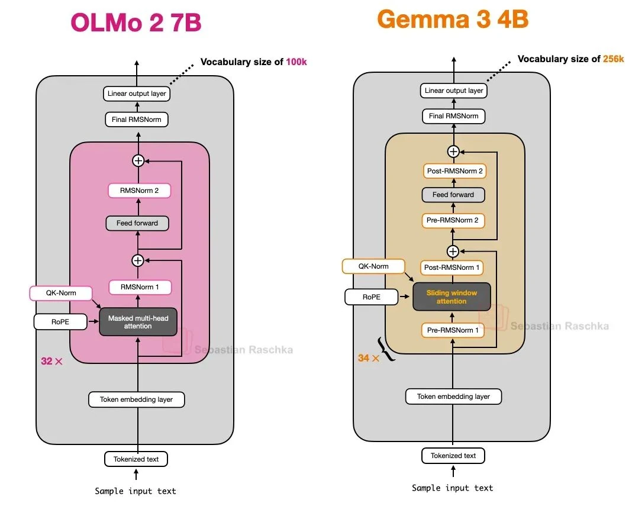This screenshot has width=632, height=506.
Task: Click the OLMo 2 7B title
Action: click(136, 22)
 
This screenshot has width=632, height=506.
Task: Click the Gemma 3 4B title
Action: click(453, 20)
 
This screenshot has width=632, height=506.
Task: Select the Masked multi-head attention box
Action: click(138, 322)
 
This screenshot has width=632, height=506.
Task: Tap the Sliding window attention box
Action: click(452, 296)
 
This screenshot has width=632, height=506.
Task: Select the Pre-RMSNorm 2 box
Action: click(453, 221)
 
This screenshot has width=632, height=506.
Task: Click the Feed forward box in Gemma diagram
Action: click(453, 195)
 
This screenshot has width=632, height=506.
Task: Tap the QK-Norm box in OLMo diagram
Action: click(61, 293)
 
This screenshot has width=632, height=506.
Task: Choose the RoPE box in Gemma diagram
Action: click(372, 297)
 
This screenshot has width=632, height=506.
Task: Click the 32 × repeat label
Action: click(51, 361)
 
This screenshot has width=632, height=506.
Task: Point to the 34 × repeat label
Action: click(368, 358)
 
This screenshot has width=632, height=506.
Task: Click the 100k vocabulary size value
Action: click(296, 62)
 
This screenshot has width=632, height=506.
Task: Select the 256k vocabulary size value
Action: click(612, 59)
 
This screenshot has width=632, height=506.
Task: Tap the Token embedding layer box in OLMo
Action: click(137, 399)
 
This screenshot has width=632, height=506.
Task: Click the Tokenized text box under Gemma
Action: click(453, 456)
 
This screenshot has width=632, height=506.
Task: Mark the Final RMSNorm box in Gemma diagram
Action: click(453, 116)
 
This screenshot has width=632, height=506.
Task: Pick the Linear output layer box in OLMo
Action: click(137, 94)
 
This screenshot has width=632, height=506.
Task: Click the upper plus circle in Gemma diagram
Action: click(453, 152)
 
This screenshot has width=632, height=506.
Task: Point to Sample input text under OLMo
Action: click(136, 491)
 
